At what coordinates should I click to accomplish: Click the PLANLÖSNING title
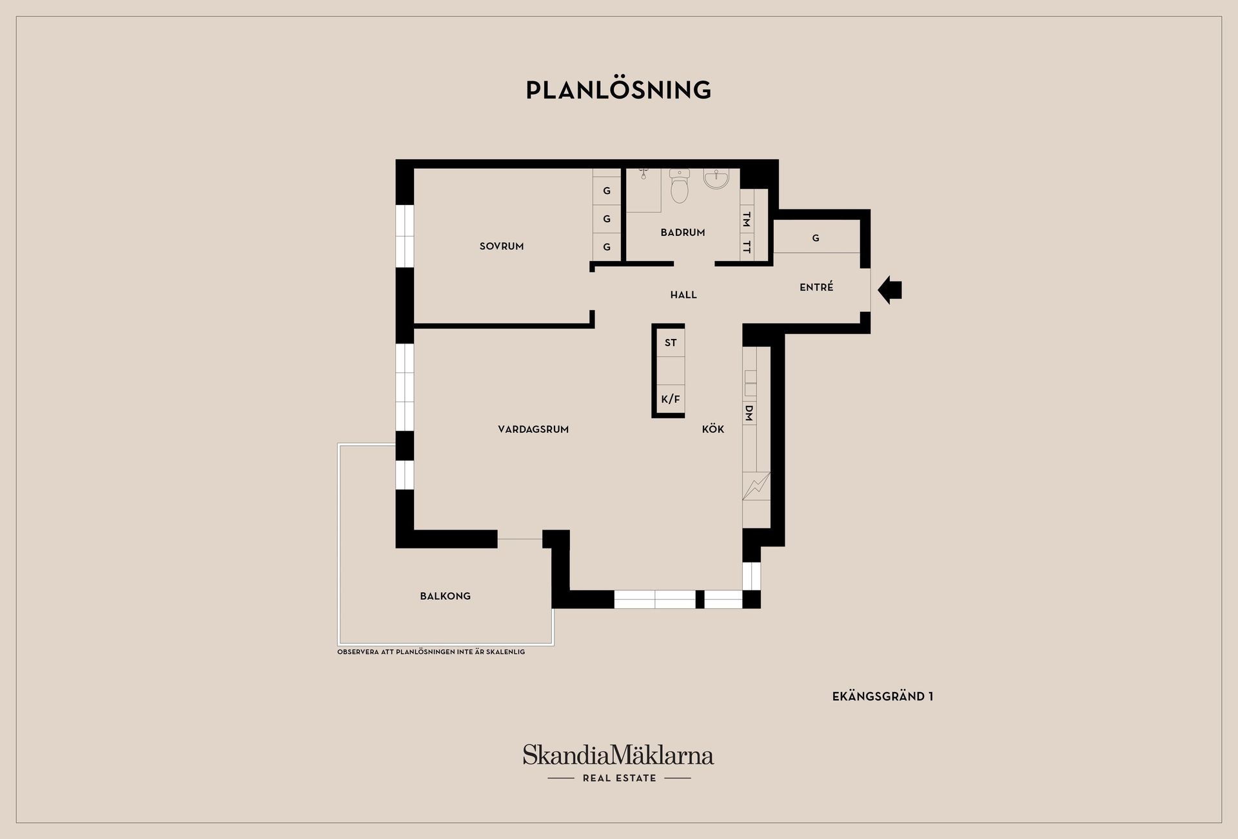coord(618,90)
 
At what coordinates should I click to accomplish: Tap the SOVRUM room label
coord(502,246)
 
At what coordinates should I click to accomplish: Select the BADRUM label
coord(683,233)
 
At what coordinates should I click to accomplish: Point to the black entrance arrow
coord(890,290)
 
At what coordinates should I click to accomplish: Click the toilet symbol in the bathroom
coord(680,186)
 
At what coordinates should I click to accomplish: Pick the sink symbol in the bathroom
coord(716,179)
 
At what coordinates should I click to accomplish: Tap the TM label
coord(747,220)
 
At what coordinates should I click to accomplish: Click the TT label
coord(747,246)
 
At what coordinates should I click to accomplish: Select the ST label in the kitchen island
coord(671,343)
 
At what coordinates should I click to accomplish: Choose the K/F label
coord(671,400)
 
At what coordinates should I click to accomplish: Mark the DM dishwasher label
coord(749,413)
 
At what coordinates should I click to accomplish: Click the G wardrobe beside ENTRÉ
coord(816,238)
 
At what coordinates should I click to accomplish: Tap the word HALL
coord(683,295)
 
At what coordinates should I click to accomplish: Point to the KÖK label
coord(713,429)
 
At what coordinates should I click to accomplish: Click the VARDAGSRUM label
coord(533,429)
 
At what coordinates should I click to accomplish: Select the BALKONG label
coord(446,596)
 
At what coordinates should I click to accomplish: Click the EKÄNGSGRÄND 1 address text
coord(883,696)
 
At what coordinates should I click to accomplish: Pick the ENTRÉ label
coord(816,287)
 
